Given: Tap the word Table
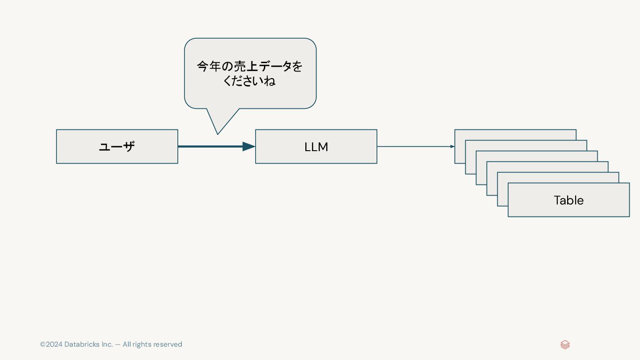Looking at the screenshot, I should (568, 200).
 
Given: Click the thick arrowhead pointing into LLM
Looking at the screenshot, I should (248, 146).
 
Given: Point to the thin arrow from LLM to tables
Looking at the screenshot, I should (413, 146).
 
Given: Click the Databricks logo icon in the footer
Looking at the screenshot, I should (565, 344).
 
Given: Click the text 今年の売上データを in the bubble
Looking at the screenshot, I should (250, 67).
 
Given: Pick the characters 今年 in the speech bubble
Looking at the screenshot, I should (208, 67).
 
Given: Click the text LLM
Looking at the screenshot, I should (316, 147).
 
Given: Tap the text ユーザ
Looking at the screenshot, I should (117, 147).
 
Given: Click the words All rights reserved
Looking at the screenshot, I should (152, 344).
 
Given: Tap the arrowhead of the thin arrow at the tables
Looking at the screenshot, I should (452, 146).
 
